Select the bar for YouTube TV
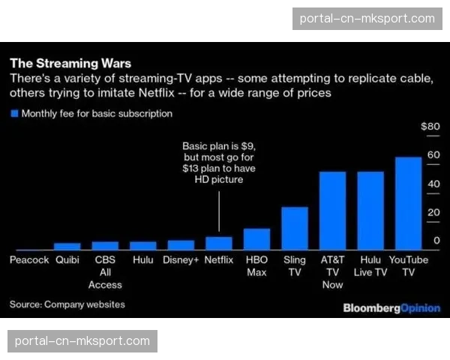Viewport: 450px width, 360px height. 409,203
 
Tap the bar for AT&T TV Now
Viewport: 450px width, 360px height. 332,211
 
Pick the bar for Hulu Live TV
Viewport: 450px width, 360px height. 370,211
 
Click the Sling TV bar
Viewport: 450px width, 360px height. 295,228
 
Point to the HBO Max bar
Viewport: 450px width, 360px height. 257,238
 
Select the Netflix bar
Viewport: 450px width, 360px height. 219,243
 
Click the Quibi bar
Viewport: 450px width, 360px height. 67,246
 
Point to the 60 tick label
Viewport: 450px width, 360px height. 433,155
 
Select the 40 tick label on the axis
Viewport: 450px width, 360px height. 433,184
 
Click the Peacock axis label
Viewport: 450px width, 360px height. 29,260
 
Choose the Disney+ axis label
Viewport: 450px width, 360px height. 181,260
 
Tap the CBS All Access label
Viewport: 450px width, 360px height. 105,272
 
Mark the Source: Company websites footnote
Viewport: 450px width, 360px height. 67,304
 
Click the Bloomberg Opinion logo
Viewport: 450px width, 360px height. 391,308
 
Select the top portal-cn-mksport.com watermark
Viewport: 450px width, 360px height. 367,18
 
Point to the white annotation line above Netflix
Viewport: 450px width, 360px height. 219,211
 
